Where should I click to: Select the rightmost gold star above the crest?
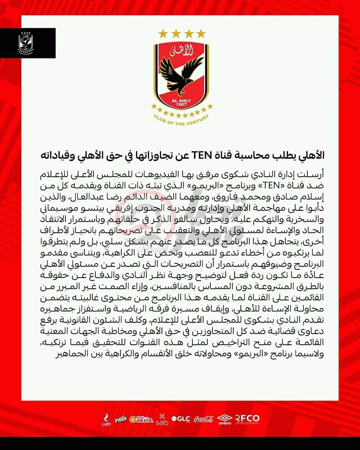pos(201,33)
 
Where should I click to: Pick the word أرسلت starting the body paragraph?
pos(312,174)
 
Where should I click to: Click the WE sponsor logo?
pos(106,419)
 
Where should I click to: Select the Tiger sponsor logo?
pos(120,419)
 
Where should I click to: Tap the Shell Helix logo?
pos(141,419)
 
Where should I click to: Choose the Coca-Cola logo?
pos(204,419)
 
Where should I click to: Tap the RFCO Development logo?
pos(247,419)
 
